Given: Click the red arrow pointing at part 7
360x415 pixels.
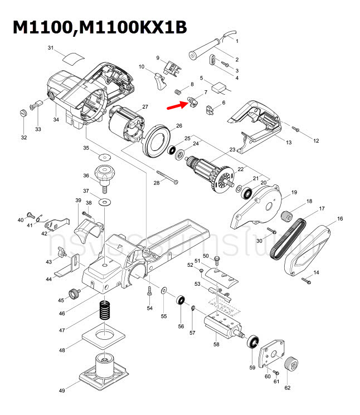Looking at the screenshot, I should (x=179, y=105).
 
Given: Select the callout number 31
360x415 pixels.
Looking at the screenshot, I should (x=51, y=49).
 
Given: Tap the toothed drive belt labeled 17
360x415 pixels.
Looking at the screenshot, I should (x=288, y=237).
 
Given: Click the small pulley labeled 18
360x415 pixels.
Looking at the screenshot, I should (x=288, y=214).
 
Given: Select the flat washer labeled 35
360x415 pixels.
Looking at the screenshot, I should (x=104, y=154).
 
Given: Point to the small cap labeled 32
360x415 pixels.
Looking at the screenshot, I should (x=23, y=113).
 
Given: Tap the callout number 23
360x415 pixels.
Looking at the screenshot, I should (x=232, y=149).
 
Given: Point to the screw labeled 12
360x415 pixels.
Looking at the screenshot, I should (x=296, y=130).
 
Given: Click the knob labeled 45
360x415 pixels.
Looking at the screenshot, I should (x=72, y=293).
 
